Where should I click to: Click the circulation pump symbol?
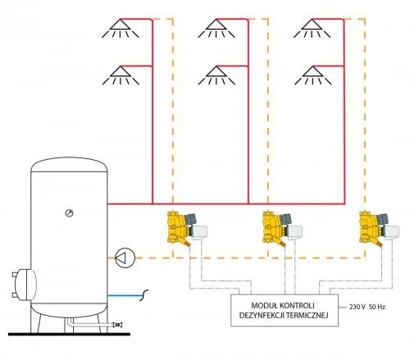pyautogui.click(x=125, y=257)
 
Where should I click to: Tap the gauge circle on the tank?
pyautogui.click(x=70, y=213)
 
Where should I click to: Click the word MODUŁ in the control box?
pyautogui.click(x=265, y=305)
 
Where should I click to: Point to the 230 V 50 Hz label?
pyautogui.click(x=367, y=307)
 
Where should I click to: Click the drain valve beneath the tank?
pyautogui.click(x=118, y=325)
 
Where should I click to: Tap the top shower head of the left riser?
pyautogui.click(x=121, y=28)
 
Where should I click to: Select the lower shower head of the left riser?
pyautogui.click(x=121, y=75)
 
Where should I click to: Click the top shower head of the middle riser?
pyautogui.click(x=216, y=28)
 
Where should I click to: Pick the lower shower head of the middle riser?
pyautogui.click(x=216, y=75)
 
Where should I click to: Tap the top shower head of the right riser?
pyautogui.click(x=312, y=28)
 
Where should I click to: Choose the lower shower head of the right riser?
pyautogui.click(x=313, y=75)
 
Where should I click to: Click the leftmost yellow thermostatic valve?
pyautogui.click(x=187, y=229)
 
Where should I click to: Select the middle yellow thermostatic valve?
pyautogui.click(x=282, y=229)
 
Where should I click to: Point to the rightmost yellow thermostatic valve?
pyautogui.click(x=379, y=229)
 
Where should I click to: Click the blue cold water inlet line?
pyautogui.click(x=125, y=295)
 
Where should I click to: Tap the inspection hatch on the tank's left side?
pyautogui.click(x=24, y=285)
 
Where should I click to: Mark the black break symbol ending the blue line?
pyautogui.click(x=144, y=295)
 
